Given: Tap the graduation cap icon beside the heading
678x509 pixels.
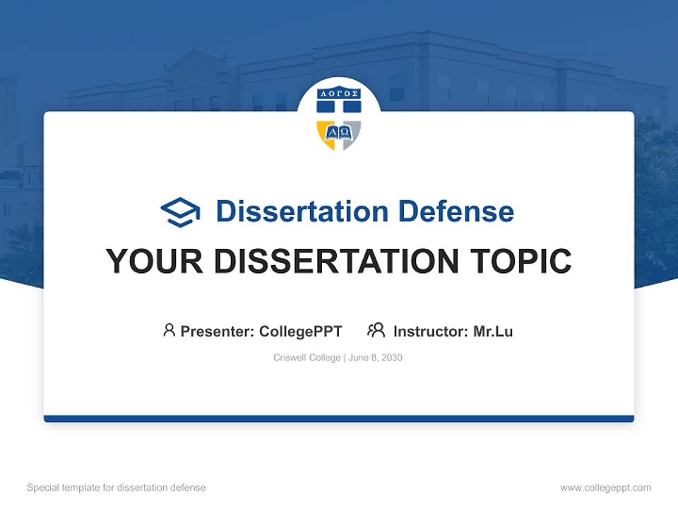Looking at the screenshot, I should (x=181, y=212).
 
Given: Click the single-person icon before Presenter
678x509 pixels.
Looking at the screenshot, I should (x=169, y=330).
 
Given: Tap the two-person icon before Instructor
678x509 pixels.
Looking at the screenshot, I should (x=376, y=330).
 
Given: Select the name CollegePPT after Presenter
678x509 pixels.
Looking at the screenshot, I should (x=301, y=331).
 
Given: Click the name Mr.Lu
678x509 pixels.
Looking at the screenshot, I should (x=493, y=331).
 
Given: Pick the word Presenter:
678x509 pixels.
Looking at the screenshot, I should (x=218, y=331).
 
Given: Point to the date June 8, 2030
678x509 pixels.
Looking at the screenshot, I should (x=376, y=358).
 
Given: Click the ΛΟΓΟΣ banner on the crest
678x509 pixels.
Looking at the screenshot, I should (x=339, y=93).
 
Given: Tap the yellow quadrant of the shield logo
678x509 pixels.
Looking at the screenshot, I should (x=326, y=133).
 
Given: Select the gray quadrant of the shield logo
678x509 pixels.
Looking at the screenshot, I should (x=352, y=133).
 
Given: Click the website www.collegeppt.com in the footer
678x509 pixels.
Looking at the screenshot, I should (x=605, y=488).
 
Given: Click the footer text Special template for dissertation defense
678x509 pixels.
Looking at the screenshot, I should (x=117, y=488).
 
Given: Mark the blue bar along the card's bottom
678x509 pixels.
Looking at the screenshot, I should (x=339, y=419).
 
